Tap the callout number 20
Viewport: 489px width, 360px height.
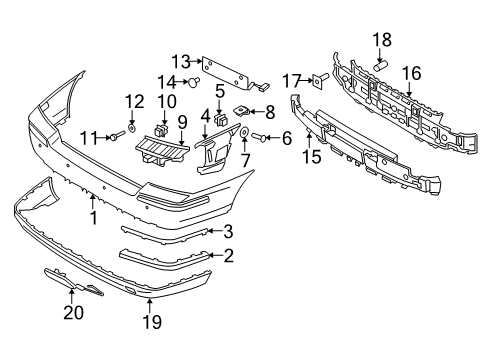71,312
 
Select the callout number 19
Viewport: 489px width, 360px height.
151,320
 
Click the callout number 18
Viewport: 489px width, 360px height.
383,39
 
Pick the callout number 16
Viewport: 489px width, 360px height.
410,72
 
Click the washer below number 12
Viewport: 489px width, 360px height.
133,129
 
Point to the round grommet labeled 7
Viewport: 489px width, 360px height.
245,134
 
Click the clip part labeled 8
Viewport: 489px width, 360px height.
243,110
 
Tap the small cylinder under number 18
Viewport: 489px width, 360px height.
381,62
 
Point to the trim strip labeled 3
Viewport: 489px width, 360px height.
170,232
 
